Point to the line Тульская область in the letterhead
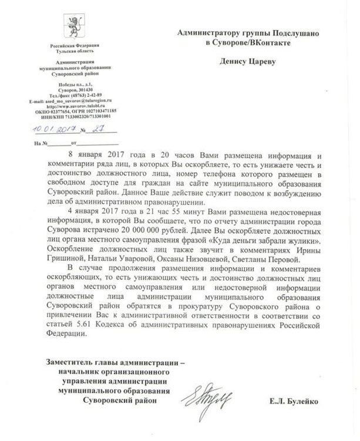coord(74,51)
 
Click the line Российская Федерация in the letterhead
coord(74,45)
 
